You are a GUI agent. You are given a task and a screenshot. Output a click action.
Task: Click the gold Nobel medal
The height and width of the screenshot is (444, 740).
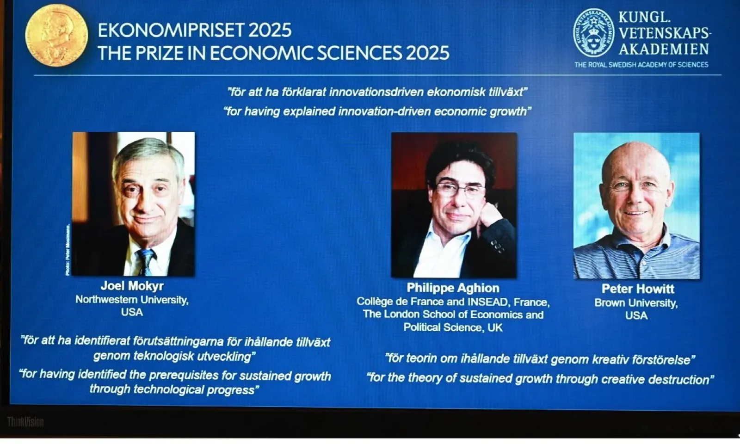pyautogui.click(x=56, y=35)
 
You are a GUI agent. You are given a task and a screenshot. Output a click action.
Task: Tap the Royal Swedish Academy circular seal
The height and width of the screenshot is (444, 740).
pyautogui.click(x=593, y=33)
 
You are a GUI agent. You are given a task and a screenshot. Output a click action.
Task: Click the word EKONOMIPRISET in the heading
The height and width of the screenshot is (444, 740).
pyautogui.click(x=171, y=31)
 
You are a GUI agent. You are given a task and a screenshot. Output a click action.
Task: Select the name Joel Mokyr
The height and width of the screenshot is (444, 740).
pyautogui.click(x=132, y=286)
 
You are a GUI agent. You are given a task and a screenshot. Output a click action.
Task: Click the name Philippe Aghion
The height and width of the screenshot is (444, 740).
pyautogui.click(x=453, y=288)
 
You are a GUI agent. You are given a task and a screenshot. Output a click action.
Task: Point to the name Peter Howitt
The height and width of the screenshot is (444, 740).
pyautogui.click(x=638, y=289)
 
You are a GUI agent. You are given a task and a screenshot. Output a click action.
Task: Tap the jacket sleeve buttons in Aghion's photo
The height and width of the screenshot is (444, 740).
pyautogui.click(x=497, y=247)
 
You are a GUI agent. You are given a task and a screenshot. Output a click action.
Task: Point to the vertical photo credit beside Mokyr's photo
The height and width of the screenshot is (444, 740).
pyautogui.click(x=68, y=250)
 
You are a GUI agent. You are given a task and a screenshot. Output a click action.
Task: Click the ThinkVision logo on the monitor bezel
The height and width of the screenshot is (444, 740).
pyautogui.click(x=25, y=422)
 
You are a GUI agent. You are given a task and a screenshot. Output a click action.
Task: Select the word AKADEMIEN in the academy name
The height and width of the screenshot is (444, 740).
pyautogui.click(x=664, y=49)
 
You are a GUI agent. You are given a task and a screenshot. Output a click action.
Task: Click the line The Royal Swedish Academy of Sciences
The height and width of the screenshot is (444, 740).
pyautogui.click(x=641, y=65)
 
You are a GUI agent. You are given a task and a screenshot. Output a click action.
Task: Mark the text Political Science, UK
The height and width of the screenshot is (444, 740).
pyautogui.click(x=453, y=327)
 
